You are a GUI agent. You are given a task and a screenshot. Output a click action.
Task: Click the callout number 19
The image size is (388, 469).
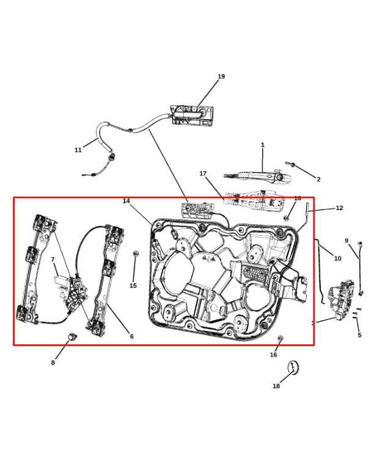(221, 76)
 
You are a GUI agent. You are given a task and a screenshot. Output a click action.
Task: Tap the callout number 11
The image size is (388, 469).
(78, 150)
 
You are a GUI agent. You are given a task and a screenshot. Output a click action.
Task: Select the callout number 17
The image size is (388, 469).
(203, 174)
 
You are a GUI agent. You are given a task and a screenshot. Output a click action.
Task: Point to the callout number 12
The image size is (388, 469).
(340, 208)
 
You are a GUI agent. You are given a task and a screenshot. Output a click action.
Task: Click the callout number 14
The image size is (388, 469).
(126, 201)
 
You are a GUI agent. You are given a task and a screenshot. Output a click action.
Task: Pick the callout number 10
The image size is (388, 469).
(338, 258)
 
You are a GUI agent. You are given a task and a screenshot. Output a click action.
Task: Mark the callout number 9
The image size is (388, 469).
(346, 241)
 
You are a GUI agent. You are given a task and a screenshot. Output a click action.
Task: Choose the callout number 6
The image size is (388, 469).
(131, 336)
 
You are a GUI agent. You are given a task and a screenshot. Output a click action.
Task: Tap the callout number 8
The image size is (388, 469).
(53, 363)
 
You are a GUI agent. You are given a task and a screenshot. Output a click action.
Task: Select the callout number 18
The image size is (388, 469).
(276, 386)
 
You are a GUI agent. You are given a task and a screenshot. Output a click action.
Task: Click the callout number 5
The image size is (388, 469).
(359, 335)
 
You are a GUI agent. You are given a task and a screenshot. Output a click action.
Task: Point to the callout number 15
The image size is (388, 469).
(133, 286)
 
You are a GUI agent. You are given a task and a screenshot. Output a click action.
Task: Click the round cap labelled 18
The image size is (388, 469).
(293, 368)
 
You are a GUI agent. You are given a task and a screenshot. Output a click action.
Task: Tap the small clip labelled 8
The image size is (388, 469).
(72, 336)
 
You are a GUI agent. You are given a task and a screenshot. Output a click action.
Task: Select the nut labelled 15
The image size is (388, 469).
(136, 253)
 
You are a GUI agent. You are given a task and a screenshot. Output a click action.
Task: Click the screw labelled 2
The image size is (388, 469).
(291, 165)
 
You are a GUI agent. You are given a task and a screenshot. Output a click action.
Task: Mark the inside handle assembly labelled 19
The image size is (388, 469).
(192, 115)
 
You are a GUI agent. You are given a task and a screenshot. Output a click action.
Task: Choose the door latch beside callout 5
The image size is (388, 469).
(341, 299)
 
